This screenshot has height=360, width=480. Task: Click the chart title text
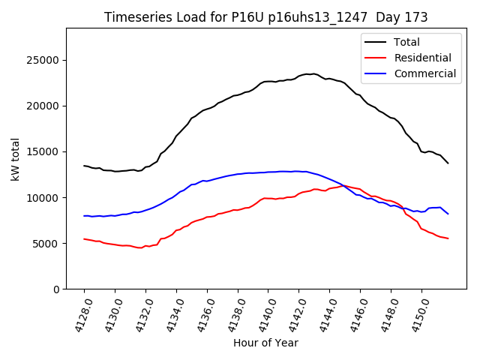(x=265, y=17)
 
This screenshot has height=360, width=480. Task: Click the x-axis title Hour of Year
(x=265, y=343)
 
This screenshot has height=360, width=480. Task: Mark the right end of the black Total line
(x=448, y=163)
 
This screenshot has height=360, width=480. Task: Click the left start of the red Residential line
(x=84, y=238)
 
